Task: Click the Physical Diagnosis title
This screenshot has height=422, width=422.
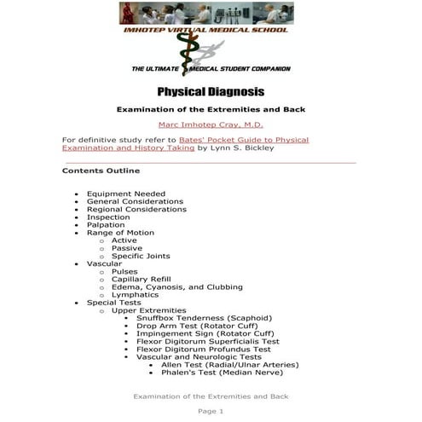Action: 211,92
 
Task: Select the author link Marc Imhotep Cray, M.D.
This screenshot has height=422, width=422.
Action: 211,124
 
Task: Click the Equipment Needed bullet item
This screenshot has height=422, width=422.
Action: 126,194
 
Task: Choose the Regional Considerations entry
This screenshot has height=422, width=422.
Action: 136,209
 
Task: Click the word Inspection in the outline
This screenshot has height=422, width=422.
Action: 108,217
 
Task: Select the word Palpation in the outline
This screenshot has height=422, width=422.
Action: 106,225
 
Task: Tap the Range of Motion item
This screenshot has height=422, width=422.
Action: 120,233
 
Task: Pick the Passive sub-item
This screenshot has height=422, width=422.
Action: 127,248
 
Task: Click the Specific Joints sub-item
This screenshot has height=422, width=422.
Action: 141,256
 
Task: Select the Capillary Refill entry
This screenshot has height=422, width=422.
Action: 141,280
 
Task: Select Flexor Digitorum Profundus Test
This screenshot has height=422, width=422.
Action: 203,350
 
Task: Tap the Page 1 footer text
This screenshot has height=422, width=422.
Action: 211,412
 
